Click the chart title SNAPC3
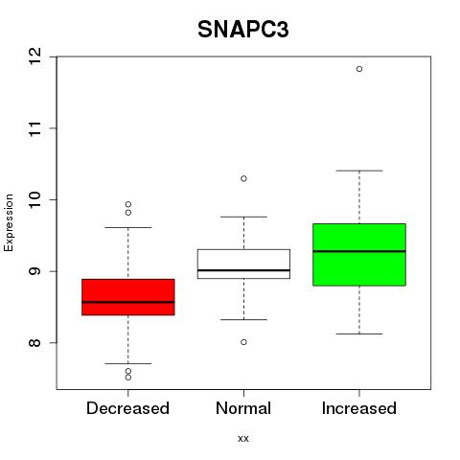point(243,30)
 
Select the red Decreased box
point(128,297)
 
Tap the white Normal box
point(243,264)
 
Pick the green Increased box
point(359,255)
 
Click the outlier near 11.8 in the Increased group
point(359,69)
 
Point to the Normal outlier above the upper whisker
point(243,178)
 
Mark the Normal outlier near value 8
point(243,342)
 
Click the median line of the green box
point(359,251)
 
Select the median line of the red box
point(128,302)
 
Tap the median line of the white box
point(243,270)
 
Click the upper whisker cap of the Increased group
point(359,171)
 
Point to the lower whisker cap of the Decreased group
point(128,363)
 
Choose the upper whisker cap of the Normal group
point(243,217)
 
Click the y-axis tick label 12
point(34,57)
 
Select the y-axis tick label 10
point(34,199)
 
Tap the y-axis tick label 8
point(34,343)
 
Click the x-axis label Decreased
point(127,408)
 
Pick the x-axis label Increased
point(359,408)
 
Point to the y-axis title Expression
point(9,222)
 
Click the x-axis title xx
point(243,439)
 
